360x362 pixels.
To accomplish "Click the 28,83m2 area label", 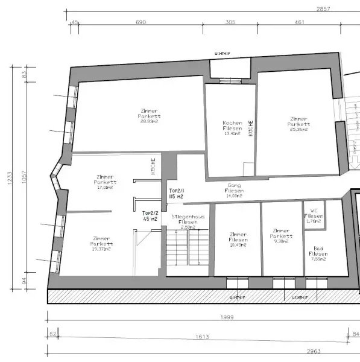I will [149, 121].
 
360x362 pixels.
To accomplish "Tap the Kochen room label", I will [232, 122].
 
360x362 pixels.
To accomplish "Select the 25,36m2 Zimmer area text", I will [299, 129].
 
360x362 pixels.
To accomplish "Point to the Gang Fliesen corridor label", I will [234, 190].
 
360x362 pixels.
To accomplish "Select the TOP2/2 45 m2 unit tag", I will [150, 216].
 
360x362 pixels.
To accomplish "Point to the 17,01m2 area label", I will [105, 187].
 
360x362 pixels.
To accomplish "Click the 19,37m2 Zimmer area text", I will [103, 249].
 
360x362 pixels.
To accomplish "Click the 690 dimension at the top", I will [141, 22].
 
